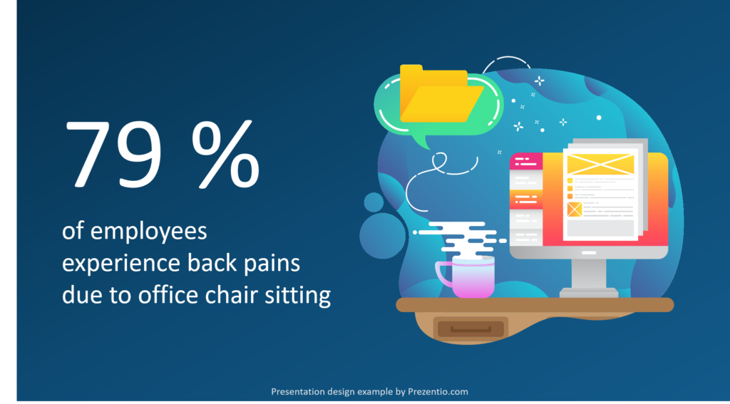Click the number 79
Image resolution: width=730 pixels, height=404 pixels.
[x=113, y=153]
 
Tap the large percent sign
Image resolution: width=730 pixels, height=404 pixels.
[x=225, y=154]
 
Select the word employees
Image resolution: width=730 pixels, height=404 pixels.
[x=148, y=232]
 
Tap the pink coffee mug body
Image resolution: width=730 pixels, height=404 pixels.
[x=473, y=276]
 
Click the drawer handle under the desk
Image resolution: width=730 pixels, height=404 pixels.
[x=471, y=329]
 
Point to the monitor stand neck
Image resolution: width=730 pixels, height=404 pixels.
[x=589, y=274]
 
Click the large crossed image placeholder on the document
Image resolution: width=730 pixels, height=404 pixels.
[x=600, y=164]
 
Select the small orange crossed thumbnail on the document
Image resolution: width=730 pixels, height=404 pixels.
[x=575, y=209]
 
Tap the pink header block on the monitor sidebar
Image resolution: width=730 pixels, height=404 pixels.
[x=526, y=161]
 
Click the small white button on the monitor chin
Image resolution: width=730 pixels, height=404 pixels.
[x=589, y=253]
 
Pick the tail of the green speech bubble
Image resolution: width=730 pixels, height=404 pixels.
[x=422, y=141]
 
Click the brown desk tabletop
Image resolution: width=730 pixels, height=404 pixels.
[x=535, y=305]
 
